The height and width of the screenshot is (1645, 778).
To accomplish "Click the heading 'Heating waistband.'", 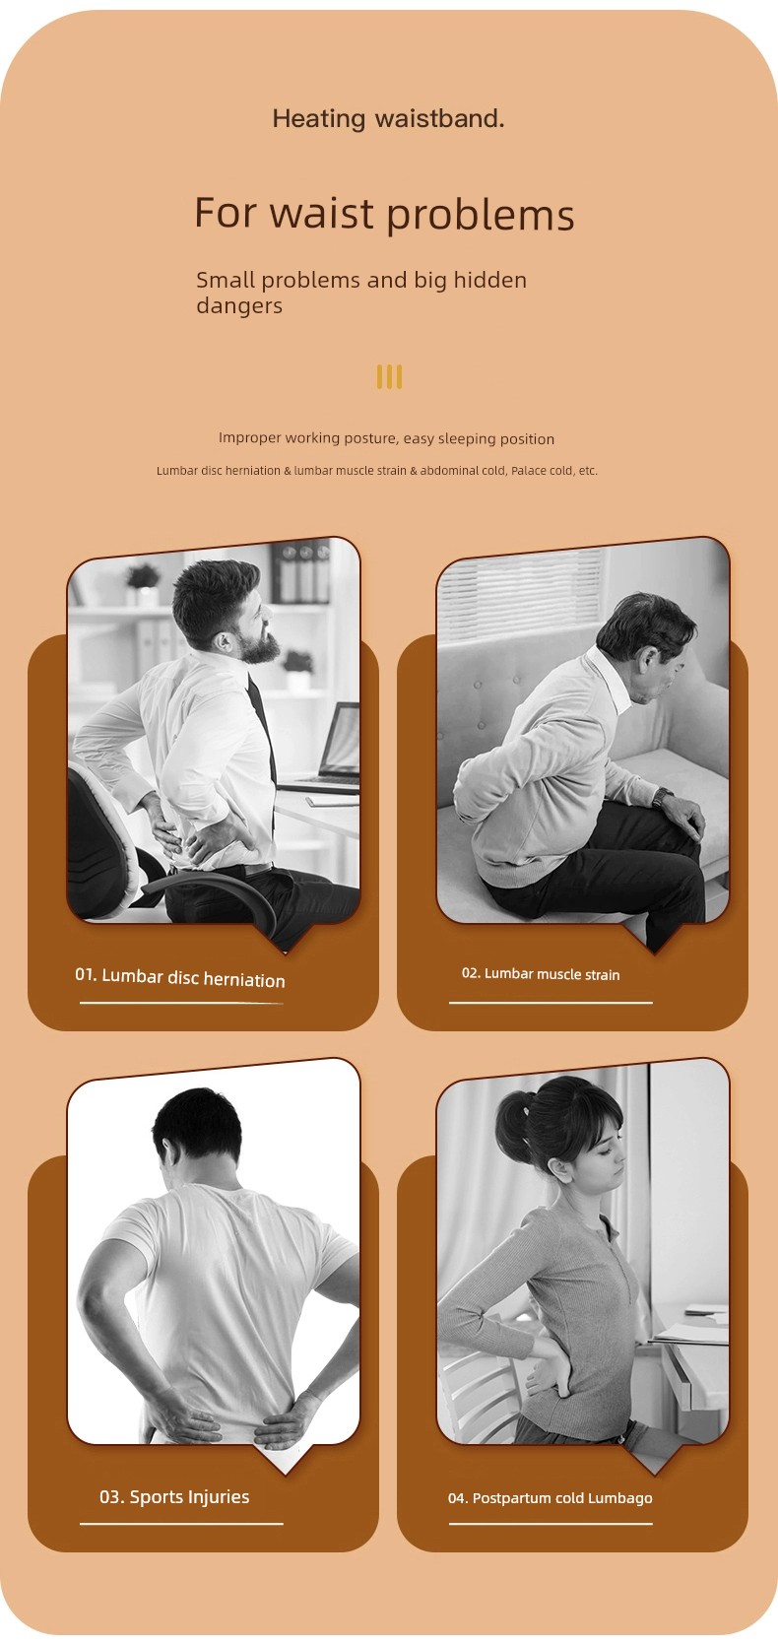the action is pos(388,118).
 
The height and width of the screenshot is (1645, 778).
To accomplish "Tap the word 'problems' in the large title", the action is pos(480,215).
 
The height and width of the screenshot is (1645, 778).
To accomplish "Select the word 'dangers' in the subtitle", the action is pos(239,305).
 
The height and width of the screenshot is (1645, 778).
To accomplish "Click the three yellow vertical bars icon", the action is pos(389,376).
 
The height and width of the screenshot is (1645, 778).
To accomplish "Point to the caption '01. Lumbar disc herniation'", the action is pos(180,977).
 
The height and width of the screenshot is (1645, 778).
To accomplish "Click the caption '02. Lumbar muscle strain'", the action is pos(541,974).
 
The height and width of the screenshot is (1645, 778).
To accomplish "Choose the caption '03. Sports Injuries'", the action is pos(174,1496).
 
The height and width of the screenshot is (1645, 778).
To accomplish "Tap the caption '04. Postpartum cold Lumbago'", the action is pos(551,1498).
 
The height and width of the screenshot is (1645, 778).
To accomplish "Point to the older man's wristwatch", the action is pos(662,797).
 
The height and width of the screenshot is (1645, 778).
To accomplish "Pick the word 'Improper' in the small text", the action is pos(249,438).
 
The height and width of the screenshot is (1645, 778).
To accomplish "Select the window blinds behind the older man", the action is pos(520,587).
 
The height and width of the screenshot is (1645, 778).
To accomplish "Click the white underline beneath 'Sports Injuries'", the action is pos(181,1524).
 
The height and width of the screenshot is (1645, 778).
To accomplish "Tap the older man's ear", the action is pos(645,662).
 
